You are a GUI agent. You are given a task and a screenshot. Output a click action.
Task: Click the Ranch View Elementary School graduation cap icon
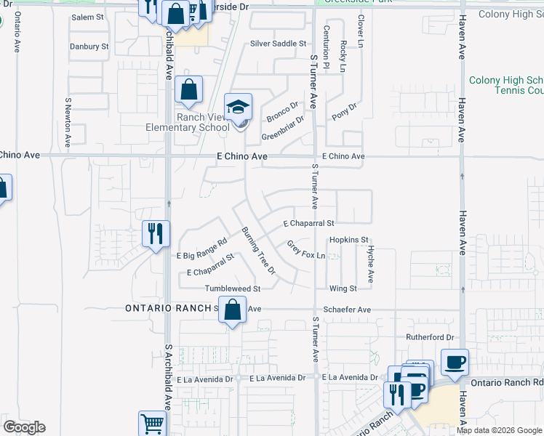click(x=238, y=107)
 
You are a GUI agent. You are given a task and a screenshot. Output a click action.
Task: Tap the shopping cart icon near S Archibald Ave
click(x=152, y=424)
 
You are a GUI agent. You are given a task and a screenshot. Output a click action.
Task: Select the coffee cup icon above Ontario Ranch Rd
click(x=455, y=362)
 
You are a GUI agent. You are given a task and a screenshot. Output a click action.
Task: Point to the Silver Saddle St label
click(x=279, y=44)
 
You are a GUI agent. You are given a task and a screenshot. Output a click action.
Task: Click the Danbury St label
click(x=89, y=47)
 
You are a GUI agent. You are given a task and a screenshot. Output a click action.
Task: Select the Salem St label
click(x=87, y=17)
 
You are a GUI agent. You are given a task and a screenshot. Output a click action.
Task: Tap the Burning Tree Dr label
click(x=259, y=251)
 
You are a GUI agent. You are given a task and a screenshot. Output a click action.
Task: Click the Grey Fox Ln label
click(x=305, y=250)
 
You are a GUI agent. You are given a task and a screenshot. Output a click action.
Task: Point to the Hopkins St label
click(x=350, y=240)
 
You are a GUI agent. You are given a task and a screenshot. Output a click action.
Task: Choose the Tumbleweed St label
click(x=232, y=288)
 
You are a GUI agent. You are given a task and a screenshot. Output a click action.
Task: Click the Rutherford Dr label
click(x=430, y=338)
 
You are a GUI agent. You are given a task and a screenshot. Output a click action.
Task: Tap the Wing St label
click(x=343, y=288)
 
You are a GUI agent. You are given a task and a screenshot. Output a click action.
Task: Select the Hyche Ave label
click(x=369, y=263)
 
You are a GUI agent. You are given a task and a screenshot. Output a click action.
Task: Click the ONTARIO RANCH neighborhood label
click(x=168, y=308)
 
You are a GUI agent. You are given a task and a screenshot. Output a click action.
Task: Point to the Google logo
click(x=24, y=427)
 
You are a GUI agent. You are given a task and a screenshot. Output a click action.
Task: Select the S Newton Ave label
click(x=68, y=122)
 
